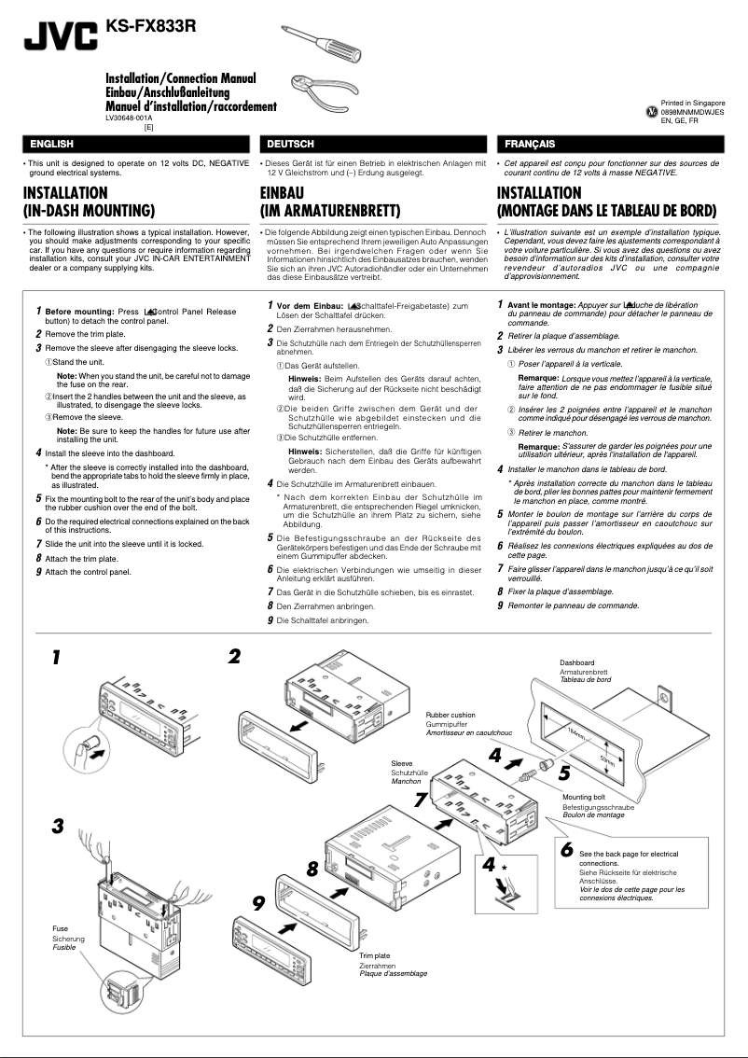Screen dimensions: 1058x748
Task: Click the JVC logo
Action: (x=61, y=36)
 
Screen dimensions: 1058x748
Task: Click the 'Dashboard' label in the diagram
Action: (x=578, y=663)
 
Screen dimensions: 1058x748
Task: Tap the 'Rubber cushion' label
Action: (x=450, y=716)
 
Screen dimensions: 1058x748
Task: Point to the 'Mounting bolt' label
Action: (x=584, y=798)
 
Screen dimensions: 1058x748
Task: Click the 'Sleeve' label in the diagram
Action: (x=402, y=763)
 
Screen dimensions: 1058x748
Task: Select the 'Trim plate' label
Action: (x=375, y=956)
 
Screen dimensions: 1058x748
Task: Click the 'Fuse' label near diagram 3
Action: (x=60, y=929)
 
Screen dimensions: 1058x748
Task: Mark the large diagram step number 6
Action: (x=566, y=850)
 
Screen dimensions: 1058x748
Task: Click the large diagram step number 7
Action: (x=421, y=800)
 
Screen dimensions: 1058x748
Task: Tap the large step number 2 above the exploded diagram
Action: (x=234, y=656)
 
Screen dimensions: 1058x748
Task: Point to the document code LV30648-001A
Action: (x=130, y=118)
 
